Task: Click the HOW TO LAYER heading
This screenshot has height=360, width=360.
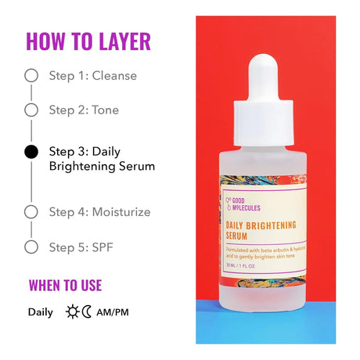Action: [x=88, y=41]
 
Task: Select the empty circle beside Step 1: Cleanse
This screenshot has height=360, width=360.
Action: [x=31, y=76]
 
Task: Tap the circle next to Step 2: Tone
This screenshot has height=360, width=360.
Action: [x=31, y=110]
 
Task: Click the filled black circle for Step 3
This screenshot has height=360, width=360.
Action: [x=31, y=152]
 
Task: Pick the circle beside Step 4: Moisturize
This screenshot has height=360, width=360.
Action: [x=31, y=211]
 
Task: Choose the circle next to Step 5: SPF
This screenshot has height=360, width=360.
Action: [x=31, y=247]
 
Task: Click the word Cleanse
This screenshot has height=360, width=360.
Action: [x=114, y=76]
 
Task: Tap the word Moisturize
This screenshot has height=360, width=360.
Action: [x=121, y=211]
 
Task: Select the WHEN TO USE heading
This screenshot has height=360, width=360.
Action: [x=65, y=286]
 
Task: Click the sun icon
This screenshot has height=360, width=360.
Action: [x=73, y=312]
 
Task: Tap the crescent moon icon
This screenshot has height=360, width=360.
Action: [x=87, y=312]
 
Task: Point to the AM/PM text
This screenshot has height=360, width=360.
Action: [x=114, y=312]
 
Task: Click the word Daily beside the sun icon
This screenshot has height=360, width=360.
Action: [x=41, y=312]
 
